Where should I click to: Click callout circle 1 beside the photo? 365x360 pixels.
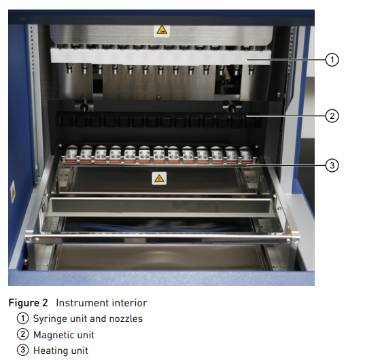332,60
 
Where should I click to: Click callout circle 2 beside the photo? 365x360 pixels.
332,116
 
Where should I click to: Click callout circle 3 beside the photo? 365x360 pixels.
332,165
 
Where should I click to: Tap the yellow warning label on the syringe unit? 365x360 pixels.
162,31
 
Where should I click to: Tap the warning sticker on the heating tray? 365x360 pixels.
159,179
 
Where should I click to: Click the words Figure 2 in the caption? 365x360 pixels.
28,303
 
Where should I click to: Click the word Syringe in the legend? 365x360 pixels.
48,319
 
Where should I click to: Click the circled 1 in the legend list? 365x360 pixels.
23,319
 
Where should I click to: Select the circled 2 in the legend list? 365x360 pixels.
23,335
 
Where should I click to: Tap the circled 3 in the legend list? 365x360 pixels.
23,350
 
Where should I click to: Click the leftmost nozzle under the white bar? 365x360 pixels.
69,69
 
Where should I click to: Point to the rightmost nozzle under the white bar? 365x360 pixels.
251,70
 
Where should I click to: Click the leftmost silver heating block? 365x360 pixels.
72,154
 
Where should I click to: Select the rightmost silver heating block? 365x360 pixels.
246,154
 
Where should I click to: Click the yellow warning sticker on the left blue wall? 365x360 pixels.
13,191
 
